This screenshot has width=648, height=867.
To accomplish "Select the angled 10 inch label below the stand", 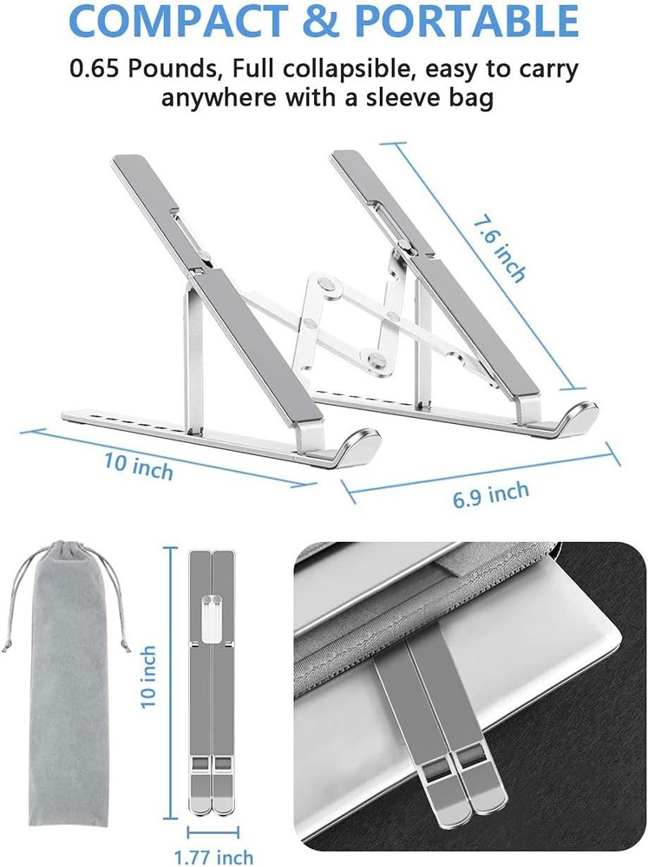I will tap(139, 466).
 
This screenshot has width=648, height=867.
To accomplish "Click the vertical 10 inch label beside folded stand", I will tap(148, 673).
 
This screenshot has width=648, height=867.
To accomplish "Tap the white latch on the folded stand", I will tap(212, 611).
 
